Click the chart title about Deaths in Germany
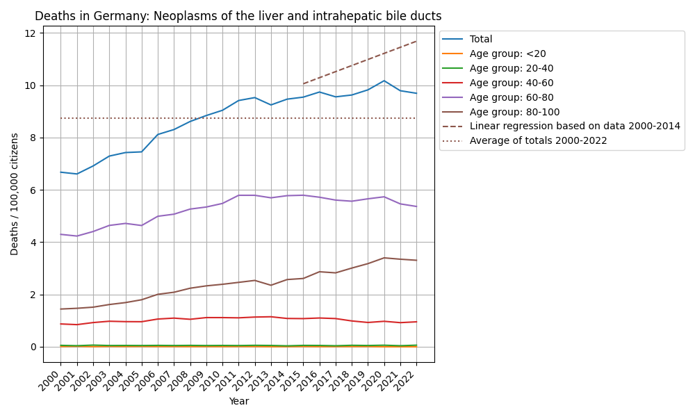click(x=238, y=16)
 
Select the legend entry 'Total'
click(x=481, y=40)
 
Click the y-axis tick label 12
click(x=31, y=33)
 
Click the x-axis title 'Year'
click(x=238, y=402)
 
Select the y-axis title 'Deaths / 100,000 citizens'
click(x=15, y=194)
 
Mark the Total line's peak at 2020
click(x=384, y=81)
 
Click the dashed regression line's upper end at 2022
click(x=416, y=41)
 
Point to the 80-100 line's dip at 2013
click(x=271, y=285)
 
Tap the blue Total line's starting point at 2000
click(x=60, y=172)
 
